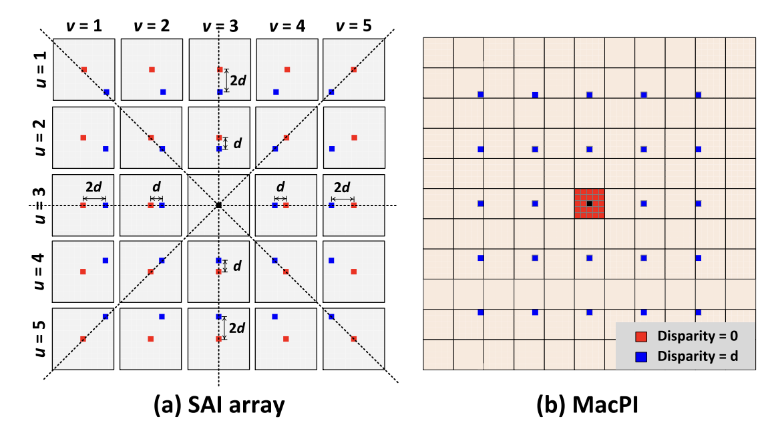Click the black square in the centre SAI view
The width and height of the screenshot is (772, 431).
(219, 205)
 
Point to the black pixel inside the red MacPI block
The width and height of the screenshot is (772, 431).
(589, 203)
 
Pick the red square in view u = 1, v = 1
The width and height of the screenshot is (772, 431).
(84, 69)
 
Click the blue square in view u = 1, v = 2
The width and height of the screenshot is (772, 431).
(163, 91)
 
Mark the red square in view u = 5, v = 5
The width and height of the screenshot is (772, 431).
(354, 339)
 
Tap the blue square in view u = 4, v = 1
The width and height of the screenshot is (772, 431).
(106, 260)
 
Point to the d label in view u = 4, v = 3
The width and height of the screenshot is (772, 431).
(237, 266)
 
